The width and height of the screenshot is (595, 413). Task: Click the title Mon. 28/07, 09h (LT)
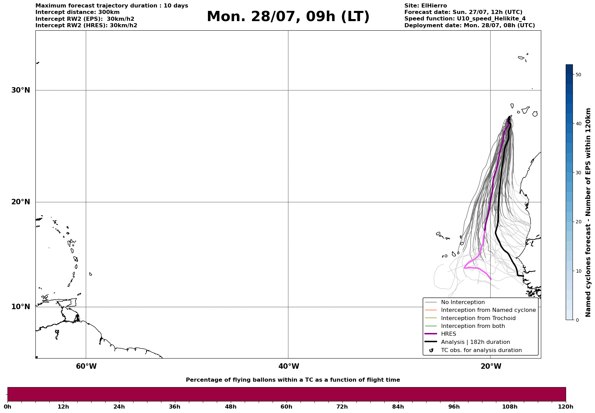click(x=288, y=17)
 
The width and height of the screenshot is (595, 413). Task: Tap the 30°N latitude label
click(x=20, y=90)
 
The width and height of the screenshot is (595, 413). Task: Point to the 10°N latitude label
click(x=20, y=307)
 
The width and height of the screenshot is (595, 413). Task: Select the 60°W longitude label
click(x=86, y=366)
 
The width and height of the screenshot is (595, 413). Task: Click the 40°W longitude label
click(x=289, y=366)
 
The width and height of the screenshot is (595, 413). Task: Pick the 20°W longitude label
click(x=491, y=366)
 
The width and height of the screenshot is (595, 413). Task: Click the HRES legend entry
click(x=448, y=334)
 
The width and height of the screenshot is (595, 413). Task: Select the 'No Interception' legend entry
click(x=463, y=302)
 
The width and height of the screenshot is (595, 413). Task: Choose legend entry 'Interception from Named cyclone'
click(x=488, y=310)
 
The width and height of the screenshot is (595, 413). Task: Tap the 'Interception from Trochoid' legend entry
click(x=478, y=318)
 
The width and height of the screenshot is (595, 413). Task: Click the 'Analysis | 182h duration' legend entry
click(x=475, y=342)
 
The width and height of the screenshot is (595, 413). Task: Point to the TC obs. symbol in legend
click(x=431, y=350)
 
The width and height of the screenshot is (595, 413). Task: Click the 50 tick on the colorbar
click(x=578, y=75)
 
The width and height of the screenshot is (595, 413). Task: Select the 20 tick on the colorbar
click(x=578, y=222)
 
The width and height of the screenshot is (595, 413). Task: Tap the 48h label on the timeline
click(x=230, y=407)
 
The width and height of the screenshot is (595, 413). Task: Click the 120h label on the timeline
click(x=566, y=407)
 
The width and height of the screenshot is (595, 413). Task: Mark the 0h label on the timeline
click(x=7, y=407)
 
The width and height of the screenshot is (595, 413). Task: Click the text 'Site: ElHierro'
click(x=425, y=6)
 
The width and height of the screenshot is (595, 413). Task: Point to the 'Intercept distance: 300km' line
click(x=77, y=12)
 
